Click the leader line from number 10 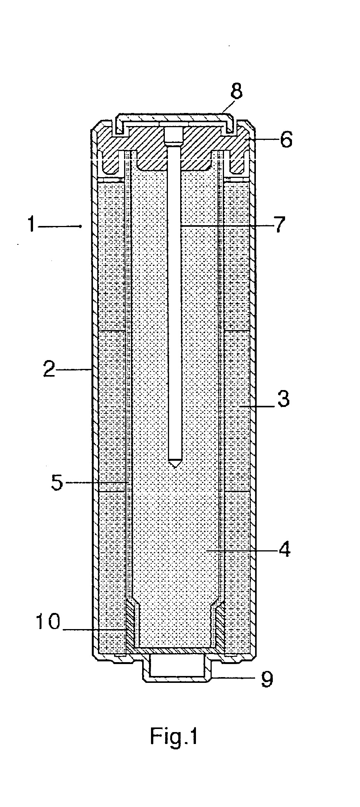[x=95, y=629]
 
